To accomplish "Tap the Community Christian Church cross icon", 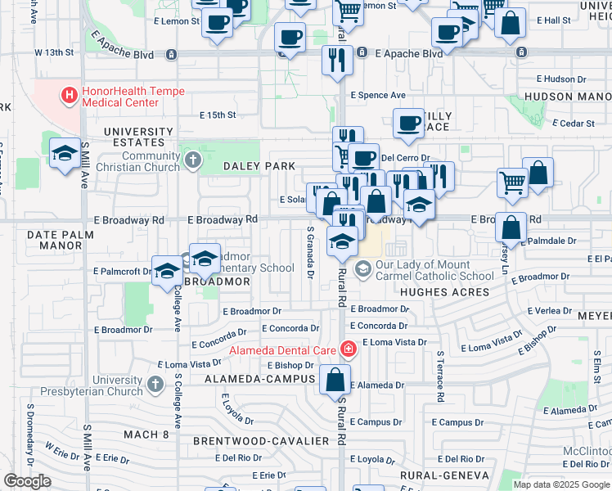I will (192, 158).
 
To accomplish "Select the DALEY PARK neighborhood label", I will (259, 166).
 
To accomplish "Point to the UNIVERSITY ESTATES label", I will (138, 137).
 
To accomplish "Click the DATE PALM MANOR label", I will (55, 240).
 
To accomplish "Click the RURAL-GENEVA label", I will (444, 475).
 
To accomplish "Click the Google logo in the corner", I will (28, 481).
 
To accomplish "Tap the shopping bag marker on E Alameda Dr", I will (335, 380).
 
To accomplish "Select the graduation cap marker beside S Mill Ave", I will (65, 154).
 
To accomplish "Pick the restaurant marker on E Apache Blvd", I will (337, 60).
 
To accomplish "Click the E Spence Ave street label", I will (378, 95).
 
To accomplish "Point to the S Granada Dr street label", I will (310, 254).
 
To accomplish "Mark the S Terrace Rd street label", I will (439, 377).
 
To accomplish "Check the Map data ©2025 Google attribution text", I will (560, 484).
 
